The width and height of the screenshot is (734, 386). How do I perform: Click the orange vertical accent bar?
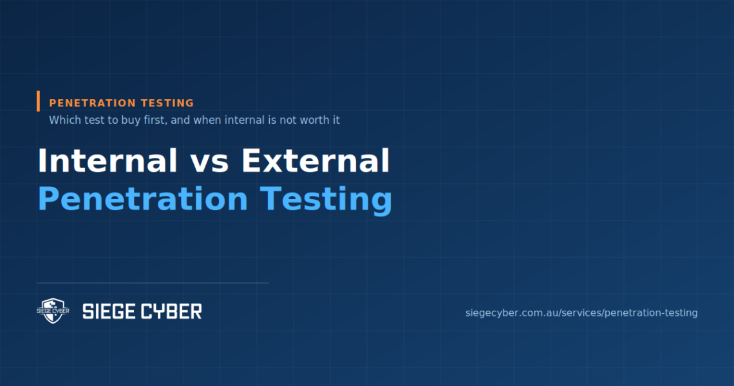click(39, 101)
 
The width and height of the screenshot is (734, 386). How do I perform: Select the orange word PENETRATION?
click(92, 103)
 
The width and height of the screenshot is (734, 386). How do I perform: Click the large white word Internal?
click(107, 160)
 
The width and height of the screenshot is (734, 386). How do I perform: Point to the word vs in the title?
click(209, 164)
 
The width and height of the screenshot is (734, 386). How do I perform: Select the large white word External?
click(315, 160)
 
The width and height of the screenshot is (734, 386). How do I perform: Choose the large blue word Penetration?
click(142, 199)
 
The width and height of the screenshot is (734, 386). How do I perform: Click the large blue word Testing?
click(326, 200)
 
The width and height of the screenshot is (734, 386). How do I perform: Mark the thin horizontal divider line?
click(153, 283)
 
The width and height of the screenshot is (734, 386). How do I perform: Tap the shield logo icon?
click(53, 311)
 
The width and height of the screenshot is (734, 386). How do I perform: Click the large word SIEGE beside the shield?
click(109, 311)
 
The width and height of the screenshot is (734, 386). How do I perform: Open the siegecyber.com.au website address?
click(581, 313)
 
